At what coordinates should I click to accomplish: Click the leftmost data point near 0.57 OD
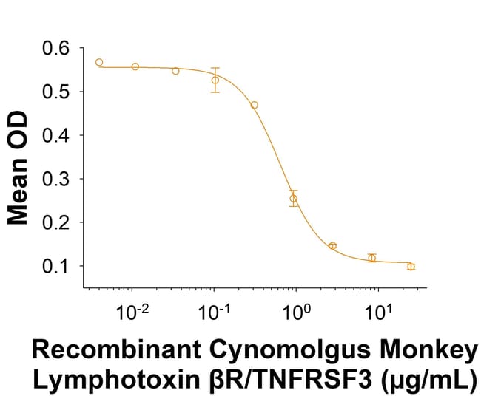99,62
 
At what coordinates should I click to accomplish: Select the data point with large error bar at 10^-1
215,80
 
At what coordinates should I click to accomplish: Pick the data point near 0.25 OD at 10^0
294,198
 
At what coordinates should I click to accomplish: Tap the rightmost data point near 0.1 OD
411,266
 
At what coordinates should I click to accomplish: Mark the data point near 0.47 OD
255,105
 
